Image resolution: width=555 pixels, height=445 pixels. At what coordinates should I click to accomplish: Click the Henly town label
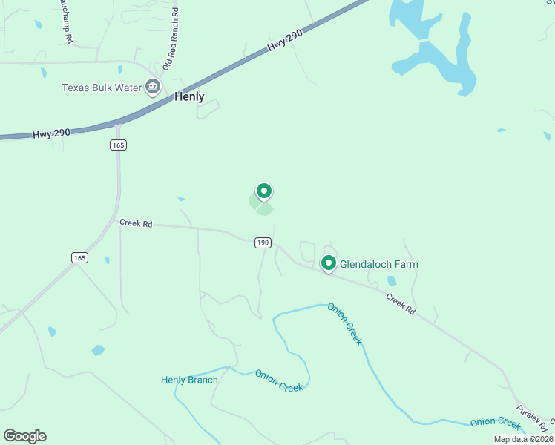click(x=189, y=96)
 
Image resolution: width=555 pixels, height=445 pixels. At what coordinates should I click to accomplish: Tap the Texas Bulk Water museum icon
click(x=153, y=87)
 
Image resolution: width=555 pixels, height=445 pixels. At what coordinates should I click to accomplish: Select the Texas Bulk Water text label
click(x=101, y=88)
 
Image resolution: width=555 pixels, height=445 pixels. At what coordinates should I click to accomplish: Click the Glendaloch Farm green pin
click(x=328, y=263)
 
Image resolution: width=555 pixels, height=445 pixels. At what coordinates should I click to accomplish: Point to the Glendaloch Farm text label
click(x=378, y=264)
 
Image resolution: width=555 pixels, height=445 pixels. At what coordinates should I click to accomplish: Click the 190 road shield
click(x=263, y=243)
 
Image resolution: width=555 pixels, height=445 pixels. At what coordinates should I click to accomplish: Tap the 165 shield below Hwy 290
click(x=118, y=145)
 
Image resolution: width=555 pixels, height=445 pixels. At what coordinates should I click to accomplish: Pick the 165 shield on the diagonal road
click(x=80, y=257)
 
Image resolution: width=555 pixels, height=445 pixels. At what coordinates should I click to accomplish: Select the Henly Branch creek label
click(x=189, y=380)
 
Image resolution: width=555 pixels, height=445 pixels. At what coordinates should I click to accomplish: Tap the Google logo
click(x=24, y=436)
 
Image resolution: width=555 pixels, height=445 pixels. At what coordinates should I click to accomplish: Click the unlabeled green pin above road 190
click(x=263, y=191)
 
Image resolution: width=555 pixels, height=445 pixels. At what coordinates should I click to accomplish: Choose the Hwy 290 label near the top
click(x=287, y=45)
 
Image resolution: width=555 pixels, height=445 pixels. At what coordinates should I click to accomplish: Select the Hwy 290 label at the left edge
click(x=51, y=133)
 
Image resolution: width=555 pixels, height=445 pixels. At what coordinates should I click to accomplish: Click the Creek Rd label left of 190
click(x=136, y=222)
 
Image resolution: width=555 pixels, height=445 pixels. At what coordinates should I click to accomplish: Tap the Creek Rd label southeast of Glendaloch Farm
click(x=400, y=303)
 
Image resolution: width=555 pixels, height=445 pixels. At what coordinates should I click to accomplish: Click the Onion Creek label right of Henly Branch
click(x=279, y=381)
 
